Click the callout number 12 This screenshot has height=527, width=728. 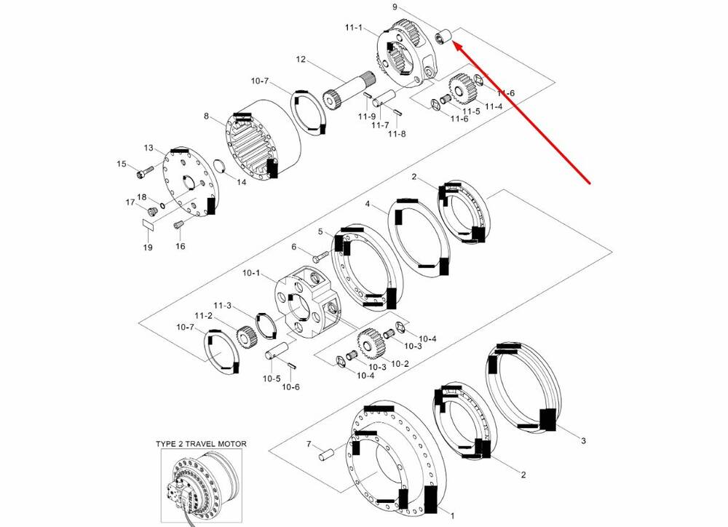[301, 58]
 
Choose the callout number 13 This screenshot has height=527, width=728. [149, 148]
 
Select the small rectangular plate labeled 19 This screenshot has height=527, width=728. [149, 226]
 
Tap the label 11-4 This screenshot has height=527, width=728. [494, 107]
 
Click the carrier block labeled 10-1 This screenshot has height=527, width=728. [306, 301]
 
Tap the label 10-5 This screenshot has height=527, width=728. [271, 379]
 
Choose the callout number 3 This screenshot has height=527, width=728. [582, 440]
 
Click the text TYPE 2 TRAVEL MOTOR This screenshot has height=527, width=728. [201, 443]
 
